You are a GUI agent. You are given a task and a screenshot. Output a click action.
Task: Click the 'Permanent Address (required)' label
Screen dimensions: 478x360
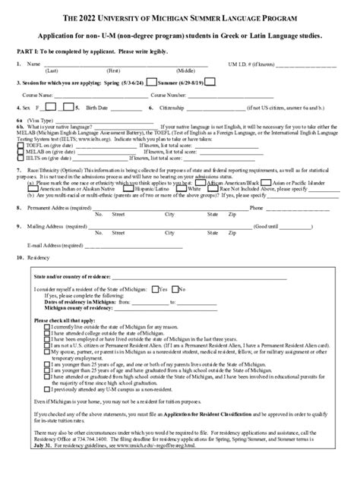pos(62,207)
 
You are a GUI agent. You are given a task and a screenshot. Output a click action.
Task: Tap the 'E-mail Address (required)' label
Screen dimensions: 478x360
pos(55,245)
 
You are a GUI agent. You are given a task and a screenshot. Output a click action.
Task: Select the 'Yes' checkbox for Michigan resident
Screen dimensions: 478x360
pos(155,289)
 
